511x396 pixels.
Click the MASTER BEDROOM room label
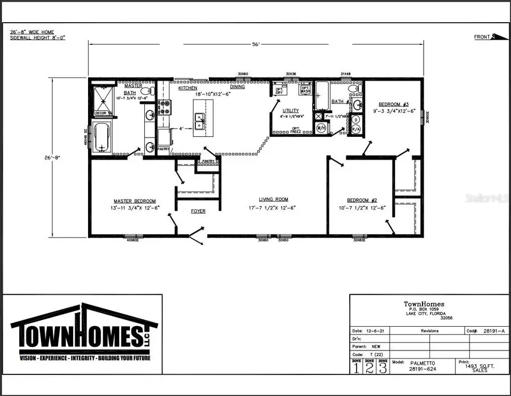(135, 201)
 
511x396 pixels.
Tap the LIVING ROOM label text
(274, 199)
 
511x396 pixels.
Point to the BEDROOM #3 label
(394, 104)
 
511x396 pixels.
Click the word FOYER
(198, 211)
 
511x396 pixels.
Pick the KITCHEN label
(188, 89)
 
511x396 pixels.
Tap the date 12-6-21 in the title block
(370, 330)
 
